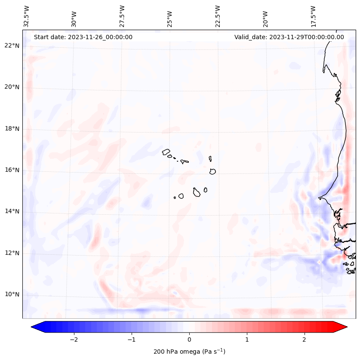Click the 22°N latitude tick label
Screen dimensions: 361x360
(x=12, y=46)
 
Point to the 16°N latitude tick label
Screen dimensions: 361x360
(x=12, y=170)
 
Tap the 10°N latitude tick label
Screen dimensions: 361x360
(x=12, y=294)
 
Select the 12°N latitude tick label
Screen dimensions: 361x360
(x=12, y=253)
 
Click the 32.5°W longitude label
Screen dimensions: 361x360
(x=27, y=16)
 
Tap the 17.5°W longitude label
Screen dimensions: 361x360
(x=313, y=16)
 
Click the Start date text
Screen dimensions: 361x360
(x=83, y=37)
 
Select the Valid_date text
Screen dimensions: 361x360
(x=289, y=37)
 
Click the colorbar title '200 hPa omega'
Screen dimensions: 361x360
(x=189, y=352)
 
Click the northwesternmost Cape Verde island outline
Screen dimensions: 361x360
(x=166, y=151)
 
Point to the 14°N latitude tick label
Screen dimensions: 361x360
(x=12, y=211)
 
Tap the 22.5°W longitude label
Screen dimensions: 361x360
(x=218, y=16)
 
